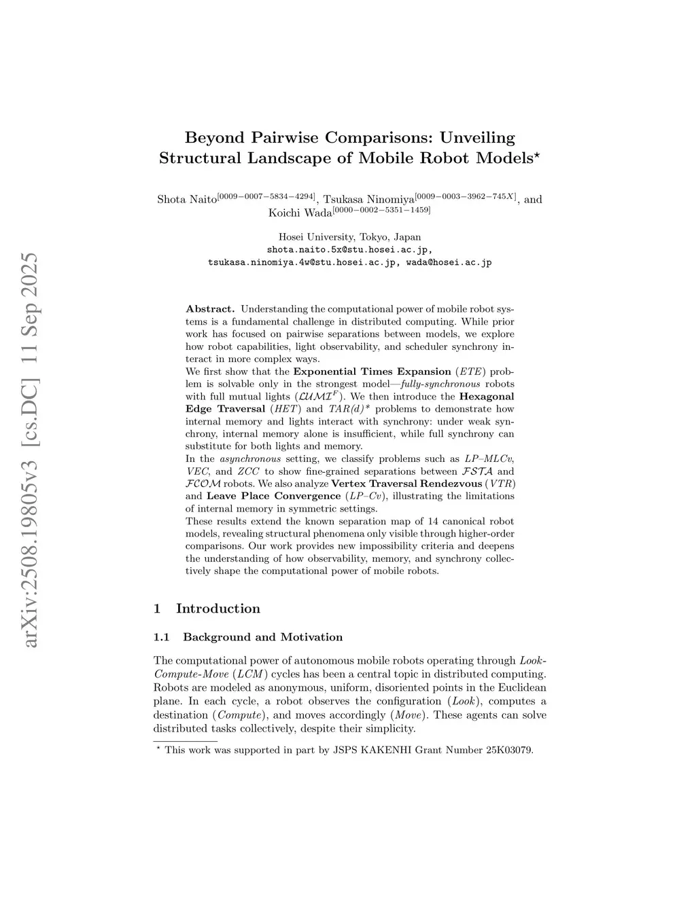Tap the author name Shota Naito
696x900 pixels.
coord(186,200)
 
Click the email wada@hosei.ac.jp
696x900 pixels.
coord(449,262)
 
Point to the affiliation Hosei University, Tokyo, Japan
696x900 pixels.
coord(349,237)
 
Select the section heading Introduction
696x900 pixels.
coord(217,609)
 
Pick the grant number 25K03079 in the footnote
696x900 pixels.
coord(509,751)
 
